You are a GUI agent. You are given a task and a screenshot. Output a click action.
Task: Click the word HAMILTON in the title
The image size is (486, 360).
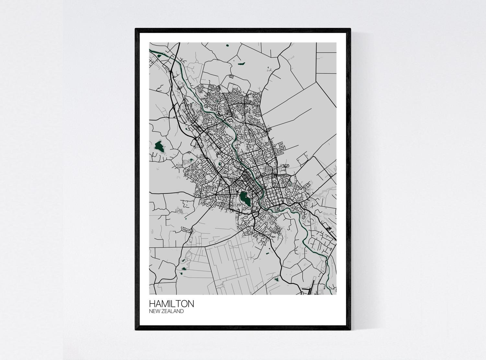pyautogui.click(x=171, y=304)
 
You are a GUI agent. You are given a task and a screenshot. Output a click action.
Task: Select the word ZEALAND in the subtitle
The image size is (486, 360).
pyautogui.click(x=173, y=311)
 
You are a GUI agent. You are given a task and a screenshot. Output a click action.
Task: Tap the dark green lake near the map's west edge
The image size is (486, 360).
pyautogui.click(x=159, y=146)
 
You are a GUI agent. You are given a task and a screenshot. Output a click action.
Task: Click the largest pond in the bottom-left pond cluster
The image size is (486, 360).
pyautogui.click(x=184, y=269)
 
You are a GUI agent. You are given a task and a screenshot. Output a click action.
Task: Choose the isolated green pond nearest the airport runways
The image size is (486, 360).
pyautogui.click(x=276, y=279)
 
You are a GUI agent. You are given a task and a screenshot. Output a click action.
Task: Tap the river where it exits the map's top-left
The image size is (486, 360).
pyautogui.click(x=150, y=50)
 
